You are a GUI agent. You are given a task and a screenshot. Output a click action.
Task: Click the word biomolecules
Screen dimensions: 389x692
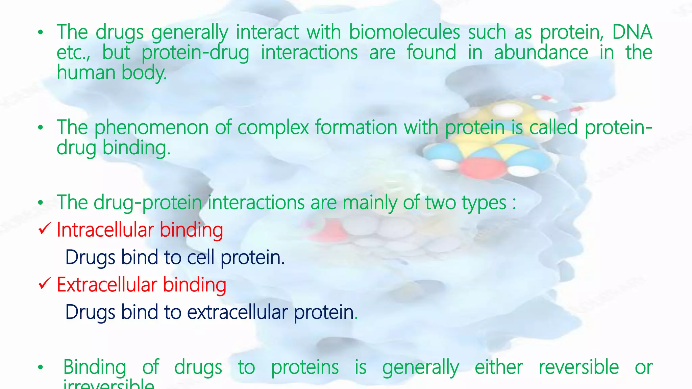pyautogui.click(x=404, y=32)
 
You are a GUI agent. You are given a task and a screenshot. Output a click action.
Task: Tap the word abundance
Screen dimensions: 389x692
pyautogui.click(x=541, y=53)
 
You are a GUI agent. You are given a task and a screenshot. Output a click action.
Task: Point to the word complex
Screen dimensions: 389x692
pyautogui.click(x=273, y=128)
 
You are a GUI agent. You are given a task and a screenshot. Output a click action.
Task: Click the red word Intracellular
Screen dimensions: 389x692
pyautogui.click(x=105, y=230)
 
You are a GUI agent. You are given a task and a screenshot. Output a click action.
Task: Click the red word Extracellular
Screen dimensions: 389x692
pyautogui.click(x=107, y=285)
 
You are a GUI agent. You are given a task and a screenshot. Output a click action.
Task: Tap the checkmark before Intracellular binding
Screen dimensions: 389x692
pyautogui.click(x=45, y=229)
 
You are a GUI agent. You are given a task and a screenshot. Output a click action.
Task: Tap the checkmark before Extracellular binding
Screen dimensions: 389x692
pyautogui.click(x=45, y=284)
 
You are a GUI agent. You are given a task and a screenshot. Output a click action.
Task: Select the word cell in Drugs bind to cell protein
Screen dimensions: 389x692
pyautogui.click(x=201, y=257)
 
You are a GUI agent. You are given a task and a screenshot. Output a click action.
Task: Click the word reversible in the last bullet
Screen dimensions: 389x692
pyautogui.click(x=578, y=367)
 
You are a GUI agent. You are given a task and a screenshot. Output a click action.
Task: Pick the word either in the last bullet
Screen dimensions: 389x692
pyautogui.click(x=498, y=367)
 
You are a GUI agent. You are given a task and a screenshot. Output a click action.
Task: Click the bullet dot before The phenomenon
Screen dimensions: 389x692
pyautogui.click(x=41, y=128)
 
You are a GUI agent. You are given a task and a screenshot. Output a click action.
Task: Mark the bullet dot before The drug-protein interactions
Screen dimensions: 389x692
pyautogui.click(x=41, y=203)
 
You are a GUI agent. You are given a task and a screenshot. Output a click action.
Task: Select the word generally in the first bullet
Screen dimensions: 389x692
pyautogui.click(x=190, y=33)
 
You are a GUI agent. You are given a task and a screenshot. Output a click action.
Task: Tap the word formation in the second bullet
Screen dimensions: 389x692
pyautogui.click(x=356, y=128)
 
